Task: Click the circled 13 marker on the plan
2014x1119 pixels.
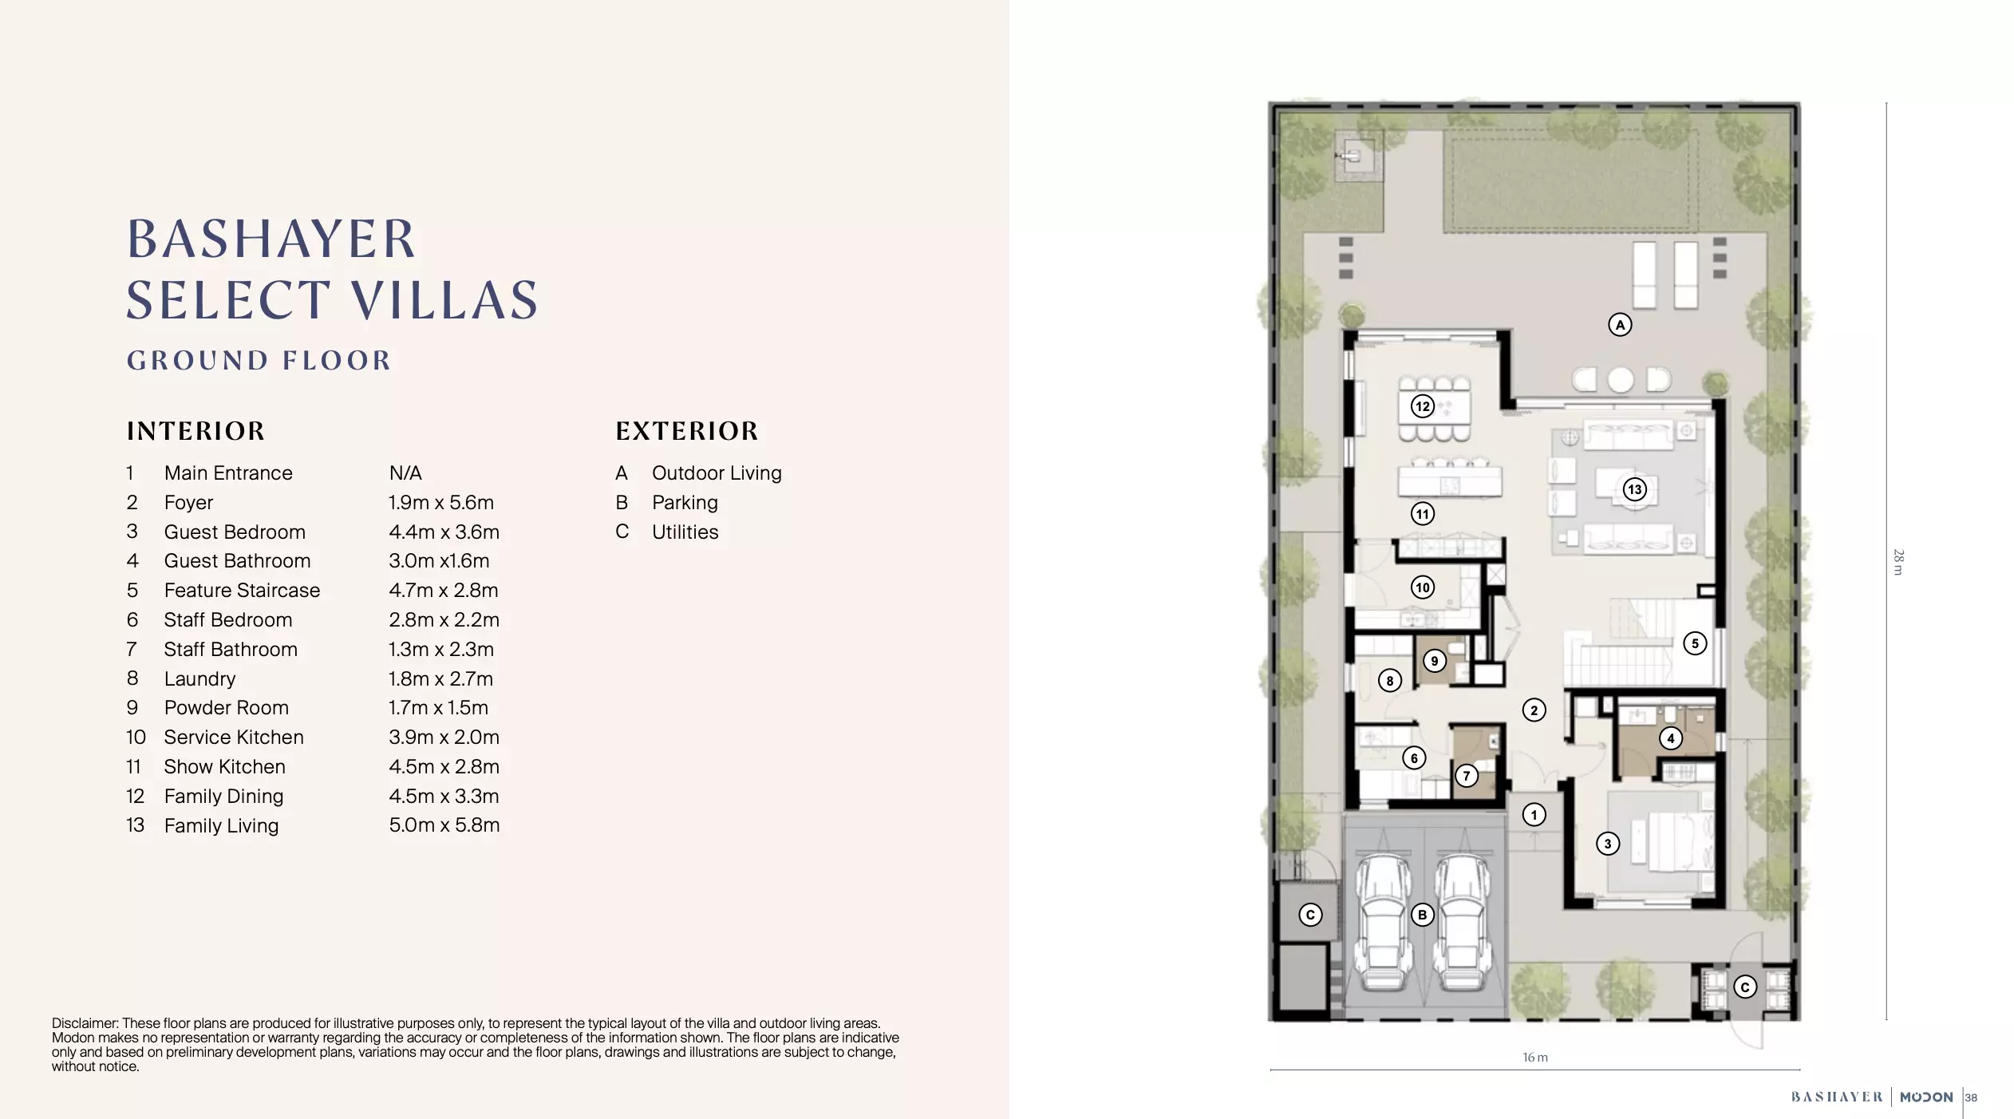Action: [1634, 489]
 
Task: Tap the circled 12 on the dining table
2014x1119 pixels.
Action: [1422, 406]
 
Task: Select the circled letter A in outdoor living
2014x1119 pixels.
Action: [1619, 325]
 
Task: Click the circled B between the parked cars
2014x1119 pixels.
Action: [1422, 915]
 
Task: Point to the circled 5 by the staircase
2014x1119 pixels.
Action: [1695, 643]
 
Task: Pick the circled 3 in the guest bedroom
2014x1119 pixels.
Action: [1607, 844]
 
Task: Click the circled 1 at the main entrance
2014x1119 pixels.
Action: [1534, 815]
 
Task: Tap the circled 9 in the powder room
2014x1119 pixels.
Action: [1434, 661]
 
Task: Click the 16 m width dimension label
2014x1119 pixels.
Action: [1534, 1058]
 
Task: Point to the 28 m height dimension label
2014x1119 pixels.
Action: [1898, 562]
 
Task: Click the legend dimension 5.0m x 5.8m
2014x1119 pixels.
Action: [444, 825]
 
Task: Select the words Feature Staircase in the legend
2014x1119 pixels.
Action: [242, 591]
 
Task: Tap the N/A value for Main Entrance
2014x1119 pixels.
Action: [405, 473]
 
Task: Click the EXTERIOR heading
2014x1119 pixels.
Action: [686, 432]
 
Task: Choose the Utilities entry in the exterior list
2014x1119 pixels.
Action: [685, 532]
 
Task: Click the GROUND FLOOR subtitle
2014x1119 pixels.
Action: [259, 361]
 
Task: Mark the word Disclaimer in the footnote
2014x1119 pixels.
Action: [85, 1023]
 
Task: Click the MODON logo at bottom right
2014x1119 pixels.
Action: [1925, 1097]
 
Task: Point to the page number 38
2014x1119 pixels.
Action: [1971, 1098]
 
